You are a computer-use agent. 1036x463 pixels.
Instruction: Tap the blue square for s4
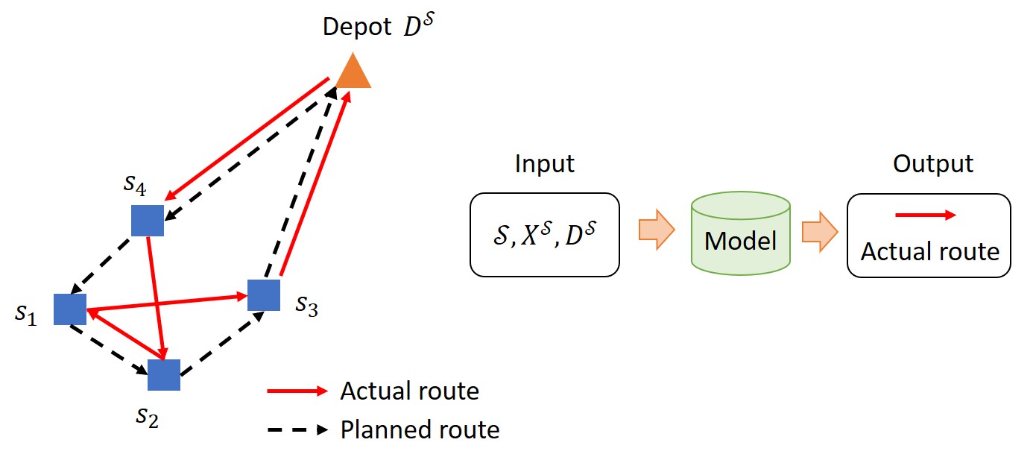[148, 221]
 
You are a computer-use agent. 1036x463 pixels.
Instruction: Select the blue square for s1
[70, 309]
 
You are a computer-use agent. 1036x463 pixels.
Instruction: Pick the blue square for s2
[164, 375]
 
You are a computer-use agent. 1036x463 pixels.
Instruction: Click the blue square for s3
[263, 295]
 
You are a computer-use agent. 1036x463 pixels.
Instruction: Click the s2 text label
[147, 416]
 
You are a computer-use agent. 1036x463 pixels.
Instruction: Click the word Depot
[357, 28]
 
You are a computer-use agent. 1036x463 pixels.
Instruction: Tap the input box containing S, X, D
[544, 234]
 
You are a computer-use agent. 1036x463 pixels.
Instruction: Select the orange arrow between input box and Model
[656, 231]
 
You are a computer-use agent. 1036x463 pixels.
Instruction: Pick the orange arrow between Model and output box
[819, 231]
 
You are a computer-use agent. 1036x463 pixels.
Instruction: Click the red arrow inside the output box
[924, 215]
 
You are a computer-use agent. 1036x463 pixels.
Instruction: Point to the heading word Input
[544, 164]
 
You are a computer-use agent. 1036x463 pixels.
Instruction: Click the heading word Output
[933, 164]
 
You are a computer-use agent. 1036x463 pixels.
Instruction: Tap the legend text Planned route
[420, 430]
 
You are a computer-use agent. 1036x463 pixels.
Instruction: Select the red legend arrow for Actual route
[297, 391]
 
